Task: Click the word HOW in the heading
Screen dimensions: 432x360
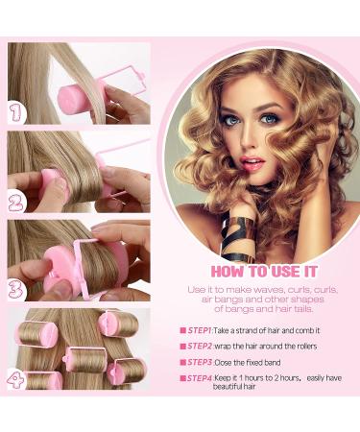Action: click(x=229, y=272)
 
